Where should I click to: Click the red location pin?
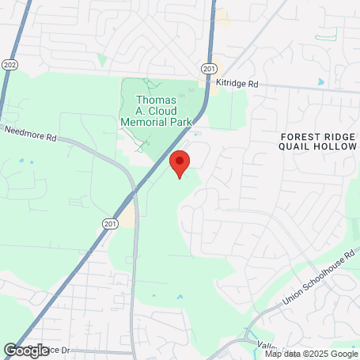[180, 161]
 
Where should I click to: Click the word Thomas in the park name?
[155, 100]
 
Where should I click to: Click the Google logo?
[26, 349]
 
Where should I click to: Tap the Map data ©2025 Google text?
[311, 353]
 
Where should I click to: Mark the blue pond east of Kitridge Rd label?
[320, 81]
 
